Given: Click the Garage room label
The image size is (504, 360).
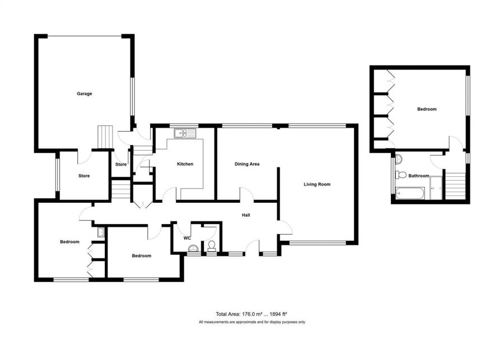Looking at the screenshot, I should point(84,93).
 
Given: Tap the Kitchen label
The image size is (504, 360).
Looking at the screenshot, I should point(185,164).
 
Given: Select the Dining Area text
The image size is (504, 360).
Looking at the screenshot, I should point(246,164).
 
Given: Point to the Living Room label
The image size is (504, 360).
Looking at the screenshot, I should point(317,184).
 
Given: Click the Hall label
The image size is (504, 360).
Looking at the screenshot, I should point(246,215).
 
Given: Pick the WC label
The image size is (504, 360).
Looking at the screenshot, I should point(187,237).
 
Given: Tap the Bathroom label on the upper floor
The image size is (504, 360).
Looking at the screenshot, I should point(418,176).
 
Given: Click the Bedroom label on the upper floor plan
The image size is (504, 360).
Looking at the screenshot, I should point(427,109).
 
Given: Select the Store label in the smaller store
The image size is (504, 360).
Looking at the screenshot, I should point(121,165).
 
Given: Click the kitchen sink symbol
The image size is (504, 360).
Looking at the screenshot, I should point(184,133).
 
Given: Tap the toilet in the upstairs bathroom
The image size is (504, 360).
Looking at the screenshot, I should point(400,175).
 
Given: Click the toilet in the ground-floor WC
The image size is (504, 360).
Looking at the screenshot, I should point(211,246).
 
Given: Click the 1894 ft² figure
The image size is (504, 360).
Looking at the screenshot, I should point(277,314).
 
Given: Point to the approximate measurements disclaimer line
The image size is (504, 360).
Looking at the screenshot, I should point(251,322).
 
